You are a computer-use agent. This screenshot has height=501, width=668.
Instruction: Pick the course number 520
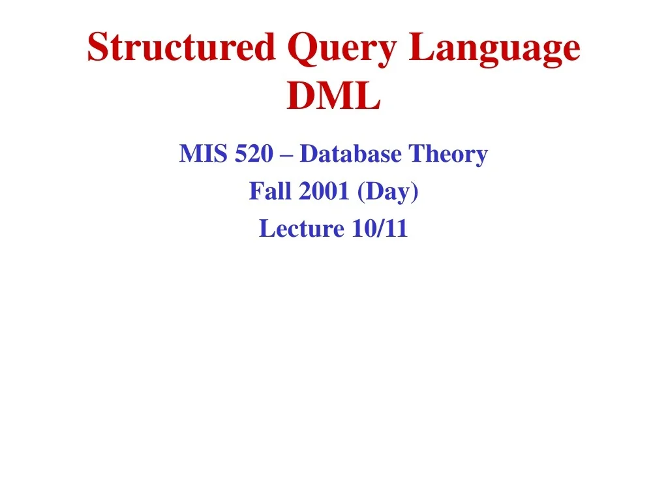click(x=248, y=155)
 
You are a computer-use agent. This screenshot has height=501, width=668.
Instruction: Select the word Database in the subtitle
click(x=350, y=155)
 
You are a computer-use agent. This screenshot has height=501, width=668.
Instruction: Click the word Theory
click(x=448, y=155)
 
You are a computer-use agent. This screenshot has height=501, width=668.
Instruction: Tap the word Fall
click(x=267, y=192)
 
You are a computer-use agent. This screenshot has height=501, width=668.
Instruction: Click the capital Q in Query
click(x=299, y=49)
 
